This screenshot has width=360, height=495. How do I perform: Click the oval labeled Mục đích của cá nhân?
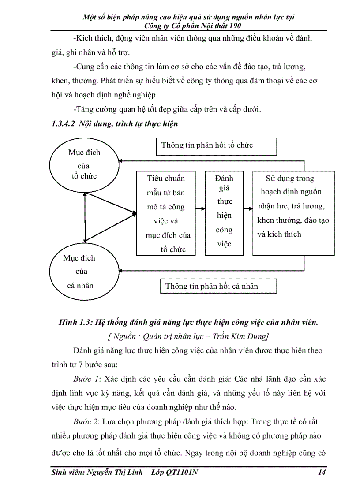pos(80,272)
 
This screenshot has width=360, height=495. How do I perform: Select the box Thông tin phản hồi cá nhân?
pos(218,286)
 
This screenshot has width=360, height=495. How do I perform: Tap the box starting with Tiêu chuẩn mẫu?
pos(166,213)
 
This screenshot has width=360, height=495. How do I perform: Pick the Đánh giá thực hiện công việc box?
pos(224,213)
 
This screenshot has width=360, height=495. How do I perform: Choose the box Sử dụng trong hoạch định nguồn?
pos(293,213)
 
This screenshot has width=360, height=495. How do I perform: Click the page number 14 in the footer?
pos(321,473)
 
